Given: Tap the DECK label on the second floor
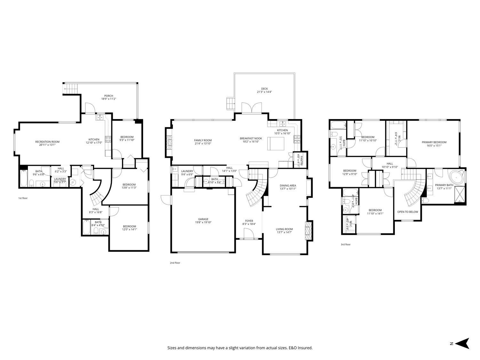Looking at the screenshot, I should click(x=264, y=89).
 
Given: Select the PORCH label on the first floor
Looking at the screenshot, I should click(x=108, y=96).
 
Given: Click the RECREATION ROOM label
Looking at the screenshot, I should click(x=47, y=142).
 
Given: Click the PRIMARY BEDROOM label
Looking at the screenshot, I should click(x=434, y=142).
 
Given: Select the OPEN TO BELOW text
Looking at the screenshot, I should click(x=407, y=212).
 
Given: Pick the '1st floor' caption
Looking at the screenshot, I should click(x=23, y=198).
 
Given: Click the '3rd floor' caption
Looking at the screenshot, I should click(x=345, y=244).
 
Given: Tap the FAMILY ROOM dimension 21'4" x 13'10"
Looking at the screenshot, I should click(x=203, y=144).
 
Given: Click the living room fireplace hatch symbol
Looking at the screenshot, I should click(x=308, y=230).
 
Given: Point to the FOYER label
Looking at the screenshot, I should click(x=249, y=221).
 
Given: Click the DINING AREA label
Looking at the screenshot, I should click(x=288, y=185).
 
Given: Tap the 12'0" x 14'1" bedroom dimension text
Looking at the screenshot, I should click(x=129, y=229).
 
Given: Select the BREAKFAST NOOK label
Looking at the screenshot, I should click(x=251, y=138).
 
